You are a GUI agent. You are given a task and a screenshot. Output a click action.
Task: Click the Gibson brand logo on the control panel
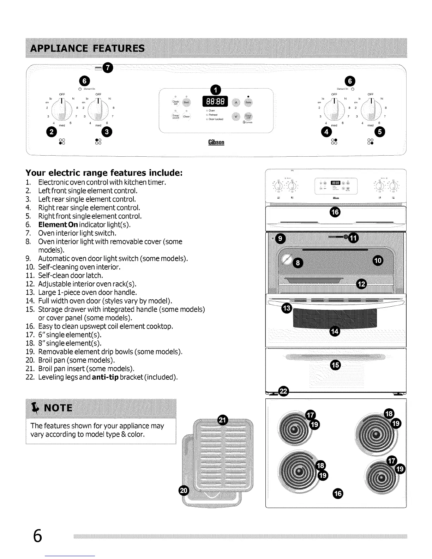point(216,142)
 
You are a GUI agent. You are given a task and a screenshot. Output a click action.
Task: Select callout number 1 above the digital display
point(215,90)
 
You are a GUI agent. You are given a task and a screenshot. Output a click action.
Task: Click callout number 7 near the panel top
point(108,67)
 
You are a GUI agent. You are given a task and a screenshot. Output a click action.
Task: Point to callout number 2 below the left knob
point(52,132)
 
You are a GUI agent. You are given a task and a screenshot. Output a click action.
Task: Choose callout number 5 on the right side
point(380,132)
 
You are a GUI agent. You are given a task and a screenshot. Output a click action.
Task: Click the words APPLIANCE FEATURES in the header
point(88,49)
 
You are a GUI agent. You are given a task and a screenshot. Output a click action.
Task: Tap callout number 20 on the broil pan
point(184,491)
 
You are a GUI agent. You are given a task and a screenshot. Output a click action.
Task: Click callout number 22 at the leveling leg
point(283,391)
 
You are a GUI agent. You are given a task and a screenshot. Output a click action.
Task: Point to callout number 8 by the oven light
point(298,263)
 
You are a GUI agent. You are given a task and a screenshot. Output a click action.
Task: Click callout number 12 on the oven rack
point(362,284)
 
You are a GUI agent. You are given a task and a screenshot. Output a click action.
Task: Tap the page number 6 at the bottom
point(37,536)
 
